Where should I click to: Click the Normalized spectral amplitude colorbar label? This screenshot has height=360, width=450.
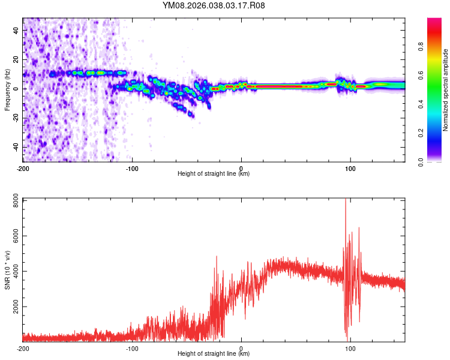[445, 90]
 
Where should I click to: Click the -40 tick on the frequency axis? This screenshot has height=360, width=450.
[15, 147]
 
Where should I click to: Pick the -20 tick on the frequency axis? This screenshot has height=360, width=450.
[15, 118]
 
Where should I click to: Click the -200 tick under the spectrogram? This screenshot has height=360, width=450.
[23, 167]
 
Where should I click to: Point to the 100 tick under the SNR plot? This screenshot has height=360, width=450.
[350, 347]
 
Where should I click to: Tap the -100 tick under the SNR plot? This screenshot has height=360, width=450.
[132, 347]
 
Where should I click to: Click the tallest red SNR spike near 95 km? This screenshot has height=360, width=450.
[346, 201]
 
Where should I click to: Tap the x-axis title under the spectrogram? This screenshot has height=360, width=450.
[214, 174]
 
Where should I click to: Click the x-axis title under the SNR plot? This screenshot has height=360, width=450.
[214, 354]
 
